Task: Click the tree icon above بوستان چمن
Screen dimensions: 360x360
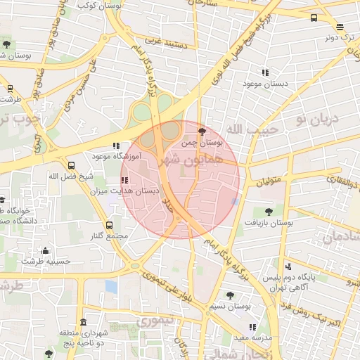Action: pos(202,131)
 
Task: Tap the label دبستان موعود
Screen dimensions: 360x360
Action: pos(262,84)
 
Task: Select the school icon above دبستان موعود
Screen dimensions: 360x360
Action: pos(265,72)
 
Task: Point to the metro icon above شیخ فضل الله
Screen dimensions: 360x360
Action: pos(70,166)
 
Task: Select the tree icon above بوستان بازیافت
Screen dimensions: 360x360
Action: pos(268,210)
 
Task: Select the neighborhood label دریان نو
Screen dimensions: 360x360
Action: pos(317,120)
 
